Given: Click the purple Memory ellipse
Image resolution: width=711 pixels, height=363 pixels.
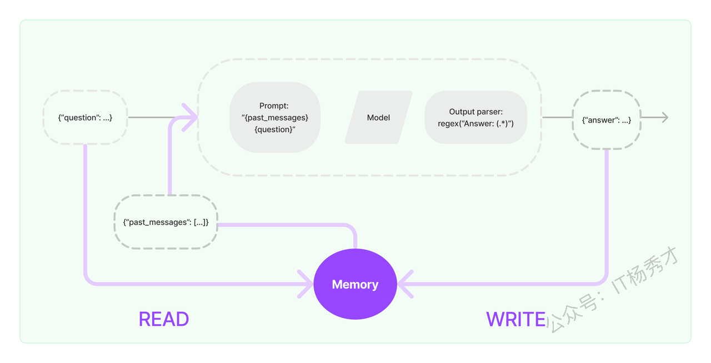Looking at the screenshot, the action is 355,284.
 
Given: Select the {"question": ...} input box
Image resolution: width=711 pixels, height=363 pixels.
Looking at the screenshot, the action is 86,118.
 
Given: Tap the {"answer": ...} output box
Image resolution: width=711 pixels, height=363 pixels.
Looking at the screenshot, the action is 607,120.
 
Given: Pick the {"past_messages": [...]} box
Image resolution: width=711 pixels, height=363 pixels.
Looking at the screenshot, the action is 166,222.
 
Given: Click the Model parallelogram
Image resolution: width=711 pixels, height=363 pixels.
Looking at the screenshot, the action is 378,118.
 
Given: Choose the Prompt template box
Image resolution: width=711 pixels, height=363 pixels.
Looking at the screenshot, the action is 275,118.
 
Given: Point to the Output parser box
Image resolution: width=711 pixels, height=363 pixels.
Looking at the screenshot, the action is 476,118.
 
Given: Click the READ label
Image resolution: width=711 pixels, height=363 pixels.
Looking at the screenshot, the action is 164,319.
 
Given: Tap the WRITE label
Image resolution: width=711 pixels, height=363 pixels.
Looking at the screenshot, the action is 516,319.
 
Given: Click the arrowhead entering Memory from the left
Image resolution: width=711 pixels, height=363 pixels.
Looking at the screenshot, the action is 306,284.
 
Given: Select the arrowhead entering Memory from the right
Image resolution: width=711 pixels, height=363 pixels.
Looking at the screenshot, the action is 405,284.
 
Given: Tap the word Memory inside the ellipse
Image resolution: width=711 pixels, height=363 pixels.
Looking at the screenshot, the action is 355,284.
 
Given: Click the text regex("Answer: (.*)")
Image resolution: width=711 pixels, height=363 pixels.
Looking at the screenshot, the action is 476,123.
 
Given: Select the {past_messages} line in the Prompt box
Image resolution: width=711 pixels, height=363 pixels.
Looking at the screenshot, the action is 275,118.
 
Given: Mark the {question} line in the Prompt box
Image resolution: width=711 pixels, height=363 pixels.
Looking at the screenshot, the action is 275,129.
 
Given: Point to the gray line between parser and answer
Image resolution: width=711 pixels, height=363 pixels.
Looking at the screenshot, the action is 557,118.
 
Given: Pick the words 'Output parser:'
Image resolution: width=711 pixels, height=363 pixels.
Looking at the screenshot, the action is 476,112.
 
